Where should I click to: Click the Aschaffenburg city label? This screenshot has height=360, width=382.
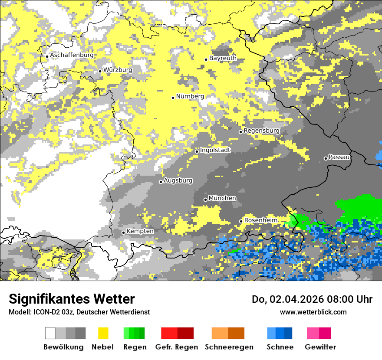(72, 55)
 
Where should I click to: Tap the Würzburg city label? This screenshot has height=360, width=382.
(118, 70)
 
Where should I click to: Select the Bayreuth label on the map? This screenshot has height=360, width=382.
(223, 58)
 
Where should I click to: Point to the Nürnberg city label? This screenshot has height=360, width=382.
(190, 96)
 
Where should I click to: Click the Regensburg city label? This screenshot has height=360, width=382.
(261, 131)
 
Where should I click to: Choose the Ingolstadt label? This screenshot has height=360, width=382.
(215, 150)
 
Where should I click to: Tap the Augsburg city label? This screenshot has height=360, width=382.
(178, 180)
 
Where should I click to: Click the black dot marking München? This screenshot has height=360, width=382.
(206, 200)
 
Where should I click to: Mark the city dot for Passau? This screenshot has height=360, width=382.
(326, 158)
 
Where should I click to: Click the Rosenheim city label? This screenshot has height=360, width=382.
(260, 220)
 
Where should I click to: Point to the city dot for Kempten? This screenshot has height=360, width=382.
(123, 232)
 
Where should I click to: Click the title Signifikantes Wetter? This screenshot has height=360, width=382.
(72, 299)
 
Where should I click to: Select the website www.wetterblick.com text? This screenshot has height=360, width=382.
(313, 312)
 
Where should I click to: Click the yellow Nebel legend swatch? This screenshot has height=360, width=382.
(103, 333)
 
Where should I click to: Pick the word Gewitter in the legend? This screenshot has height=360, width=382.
(320, 347)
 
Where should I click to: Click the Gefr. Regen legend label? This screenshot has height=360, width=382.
(177, 347)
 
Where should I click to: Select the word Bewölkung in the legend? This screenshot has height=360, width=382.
(63, 347)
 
